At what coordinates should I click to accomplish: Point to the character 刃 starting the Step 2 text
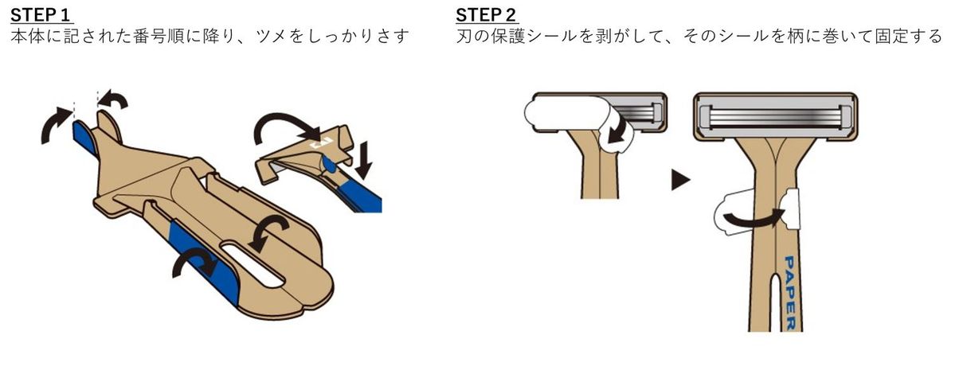(x=465, y=37)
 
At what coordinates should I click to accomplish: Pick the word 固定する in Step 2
(x=913, y=37)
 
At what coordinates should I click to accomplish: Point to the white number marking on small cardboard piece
(x=319, y=144)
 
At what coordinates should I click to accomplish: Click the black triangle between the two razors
(x=679, y=182)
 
